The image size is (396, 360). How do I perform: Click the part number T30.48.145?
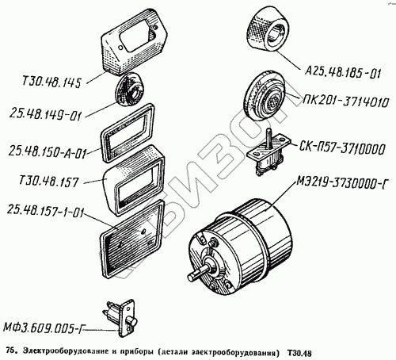coord(51,82)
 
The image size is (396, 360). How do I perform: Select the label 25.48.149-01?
coord(46,115)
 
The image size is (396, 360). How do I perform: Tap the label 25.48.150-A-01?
coord(48,152)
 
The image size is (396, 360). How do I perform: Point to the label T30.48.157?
coord(49,182)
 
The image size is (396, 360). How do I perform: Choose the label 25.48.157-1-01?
coord(45,211)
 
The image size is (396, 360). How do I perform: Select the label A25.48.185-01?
coord(343,72)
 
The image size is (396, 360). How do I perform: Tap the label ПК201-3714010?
coord(346,101)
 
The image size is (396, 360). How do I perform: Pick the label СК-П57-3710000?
coord(342,148)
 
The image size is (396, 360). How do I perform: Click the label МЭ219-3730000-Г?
coord(343,182)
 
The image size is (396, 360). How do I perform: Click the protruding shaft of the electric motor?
coord(199,274)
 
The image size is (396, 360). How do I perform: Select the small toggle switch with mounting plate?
coord(267,151)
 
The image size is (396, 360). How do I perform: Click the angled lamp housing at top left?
coord(134,41)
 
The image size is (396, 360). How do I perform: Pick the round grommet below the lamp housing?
coord(129,90)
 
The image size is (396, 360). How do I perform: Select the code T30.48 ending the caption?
coord(299,353)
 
